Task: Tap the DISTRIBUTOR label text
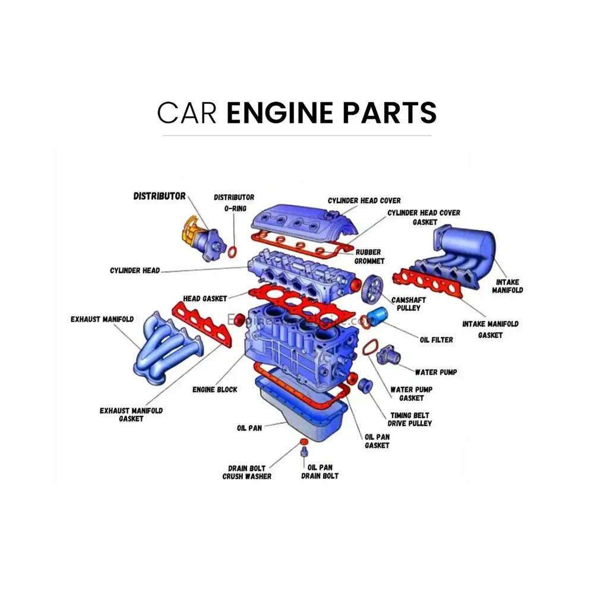coord(159,196)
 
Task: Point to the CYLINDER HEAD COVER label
coord(364,201)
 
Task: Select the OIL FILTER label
coord(436,340)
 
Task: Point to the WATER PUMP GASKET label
coord(410,394)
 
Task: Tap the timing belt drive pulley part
coord(365,384)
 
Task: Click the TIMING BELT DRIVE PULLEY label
coord(409,419)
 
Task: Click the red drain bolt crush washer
coord(304,441)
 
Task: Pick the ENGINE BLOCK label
coord(214,390)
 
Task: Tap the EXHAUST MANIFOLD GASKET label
coord(131,415)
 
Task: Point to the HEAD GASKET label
coord(205,298)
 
